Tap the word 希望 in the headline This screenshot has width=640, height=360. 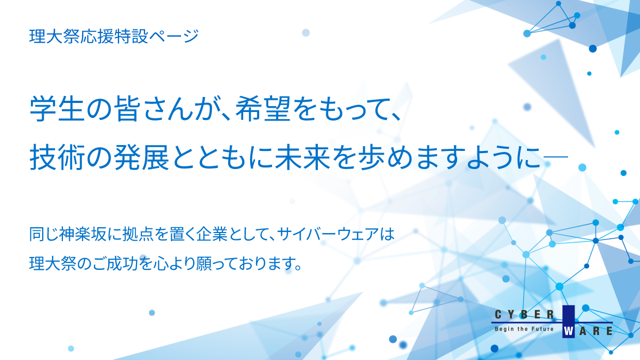[x=260, y=109]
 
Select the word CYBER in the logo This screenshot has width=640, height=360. [x=526, y=314]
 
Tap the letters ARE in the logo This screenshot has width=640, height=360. [x=595, y=331]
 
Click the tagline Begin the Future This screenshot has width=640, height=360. [x=526, y=330]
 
